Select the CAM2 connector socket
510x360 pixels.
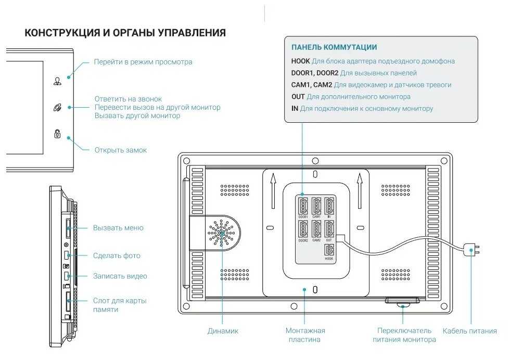pos(316,229)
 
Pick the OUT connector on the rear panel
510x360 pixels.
pos(329,229)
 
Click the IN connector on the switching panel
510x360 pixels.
pos(329,205)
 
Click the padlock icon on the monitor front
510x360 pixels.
pos(57,134)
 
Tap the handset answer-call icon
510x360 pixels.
pos(57,108)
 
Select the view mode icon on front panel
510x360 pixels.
pos(57,81)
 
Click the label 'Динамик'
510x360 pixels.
pos(223,331)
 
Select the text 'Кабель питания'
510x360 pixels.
pos(469,331)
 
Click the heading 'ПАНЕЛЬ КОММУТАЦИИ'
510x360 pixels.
pos(334,47)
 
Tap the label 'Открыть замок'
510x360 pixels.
pos(120,150)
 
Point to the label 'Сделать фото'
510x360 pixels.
pos(117,255)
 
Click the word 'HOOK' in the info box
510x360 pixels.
pos(300,61)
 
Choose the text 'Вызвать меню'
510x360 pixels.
pos(118,228)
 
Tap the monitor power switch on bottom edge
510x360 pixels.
pos(402,302)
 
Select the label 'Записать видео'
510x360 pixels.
pos(120,276)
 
